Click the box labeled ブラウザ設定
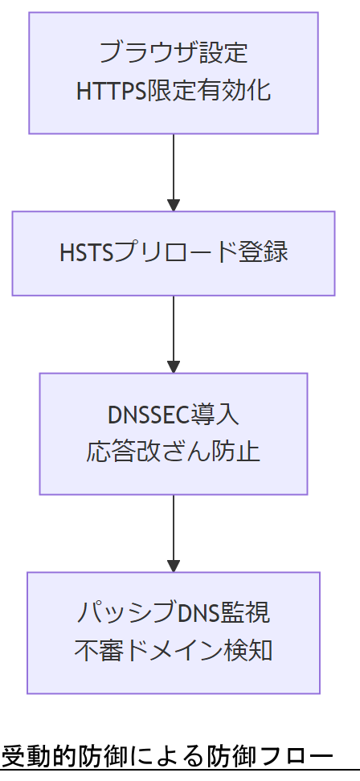174,72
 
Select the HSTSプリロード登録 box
174,253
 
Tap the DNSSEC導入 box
174,433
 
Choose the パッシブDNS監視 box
174,632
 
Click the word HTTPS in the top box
111,91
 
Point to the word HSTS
86,253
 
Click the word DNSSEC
148,415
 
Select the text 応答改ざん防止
174,452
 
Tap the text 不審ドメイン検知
174,651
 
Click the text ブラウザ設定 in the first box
174,54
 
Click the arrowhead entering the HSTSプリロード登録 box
174,205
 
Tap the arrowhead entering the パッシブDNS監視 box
174,565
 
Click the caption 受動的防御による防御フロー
166,758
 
